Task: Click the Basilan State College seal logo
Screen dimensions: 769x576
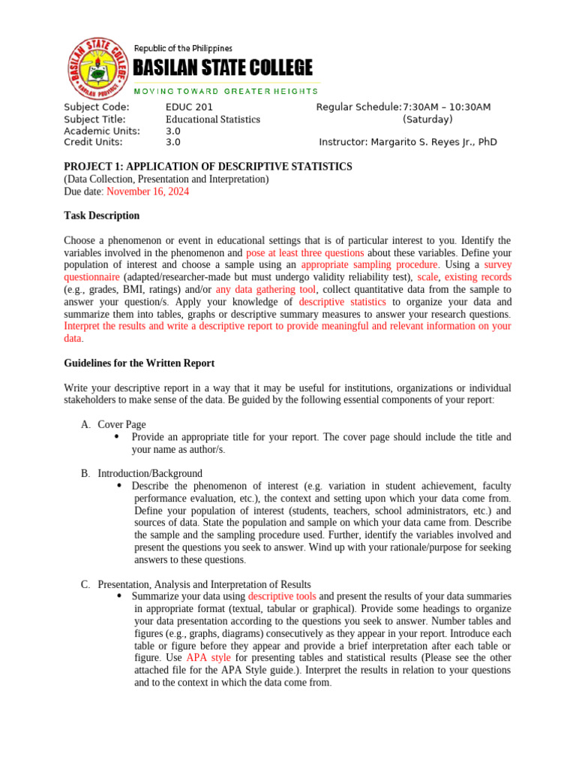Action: (x=95, y=68)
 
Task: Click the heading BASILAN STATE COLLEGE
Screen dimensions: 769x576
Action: (x=223, y=68)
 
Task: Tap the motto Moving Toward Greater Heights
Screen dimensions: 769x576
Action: (x=226, y=91)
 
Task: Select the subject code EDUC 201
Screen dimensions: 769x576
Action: (x=189, y=107)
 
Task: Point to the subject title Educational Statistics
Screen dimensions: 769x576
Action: (x=213, y=119)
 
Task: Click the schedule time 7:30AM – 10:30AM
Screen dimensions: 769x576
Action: (x=446, y=107)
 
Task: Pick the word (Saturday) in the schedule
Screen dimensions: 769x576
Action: (x=427, y=119)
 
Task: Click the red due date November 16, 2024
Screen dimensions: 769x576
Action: (x=148, y=191)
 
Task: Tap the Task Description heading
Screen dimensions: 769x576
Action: (x=102, y=216)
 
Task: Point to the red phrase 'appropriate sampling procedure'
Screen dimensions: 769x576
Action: (x=370, y=265)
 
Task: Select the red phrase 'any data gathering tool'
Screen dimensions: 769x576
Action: (x=265, y=289)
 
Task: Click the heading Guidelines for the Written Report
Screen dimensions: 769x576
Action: (x=139, y=363)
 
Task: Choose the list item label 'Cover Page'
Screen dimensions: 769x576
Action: (x=121, y=425)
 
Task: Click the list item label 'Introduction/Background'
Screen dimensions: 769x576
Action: (x=150, y=474)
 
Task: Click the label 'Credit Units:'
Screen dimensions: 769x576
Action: (x=90, y=142)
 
